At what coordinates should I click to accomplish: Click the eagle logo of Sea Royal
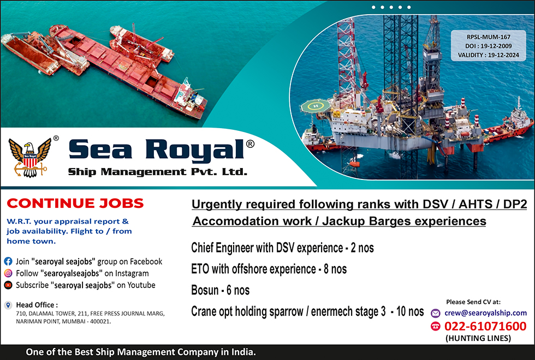coord(29,158)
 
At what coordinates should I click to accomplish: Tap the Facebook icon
coord(8,261)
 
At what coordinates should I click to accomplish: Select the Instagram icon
coord(8,273)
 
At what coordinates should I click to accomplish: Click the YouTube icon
coord(8,285)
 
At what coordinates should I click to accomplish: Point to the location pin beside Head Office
coord(8,305)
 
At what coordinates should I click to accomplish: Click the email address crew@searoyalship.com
coord(485,313)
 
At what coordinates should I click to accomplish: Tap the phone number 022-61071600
coord(485,326)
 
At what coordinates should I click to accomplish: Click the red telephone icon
coord(436,326)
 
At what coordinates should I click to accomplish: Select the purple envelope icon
coord(436,313)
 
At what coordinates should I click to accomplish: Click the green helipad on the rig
coord(316,106)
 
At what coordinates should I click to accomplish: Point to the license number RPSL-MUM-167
coord(488,37)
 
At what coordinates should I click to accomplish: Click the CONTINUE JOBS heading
coord(75,203)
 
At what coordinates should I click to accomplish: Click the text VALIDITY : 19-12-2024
coord(488,55)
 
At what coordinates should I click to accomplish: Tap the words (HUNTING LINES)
coord(478,338)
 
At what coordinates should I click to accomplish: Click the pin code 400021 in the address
coord(100,321)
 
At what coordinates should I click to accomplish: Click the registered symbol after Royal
coord(250,144)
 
